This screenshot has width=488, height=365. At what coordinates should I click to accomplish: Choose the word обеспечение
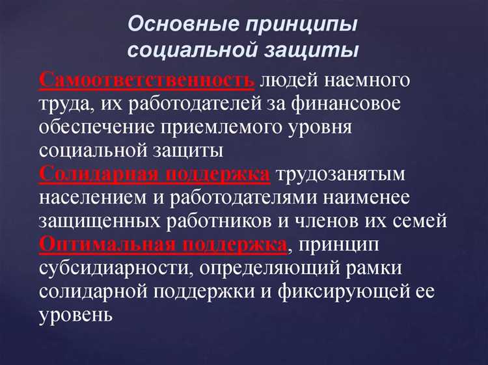click(100, 128)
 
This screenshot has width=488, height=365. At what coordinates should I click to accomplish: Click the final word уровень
click(76, 314)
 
